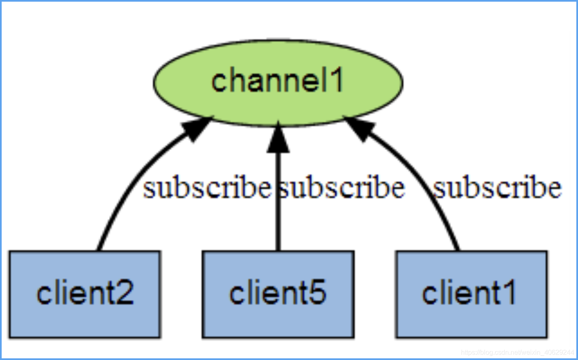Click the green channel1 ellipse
[x=278, y=83]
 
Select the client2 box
[x=85, y=294]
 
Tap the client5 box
[x=278, y=294]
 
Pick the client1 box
[x=471, y=294]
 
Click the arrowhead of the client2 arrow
[x=197, y=128]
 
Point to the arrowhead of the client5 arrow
[x=278, y=137]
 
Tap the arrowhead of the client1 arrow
[x=359, y=128]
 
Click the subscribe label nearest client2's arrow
[x=207, y=187]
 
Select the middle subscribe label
[x=341, y=187]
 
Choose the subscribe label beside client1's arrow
[x=497, y=187]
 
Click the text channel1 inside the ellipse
[x=277, y=80]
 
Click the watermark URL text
[x=517, y=352]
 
